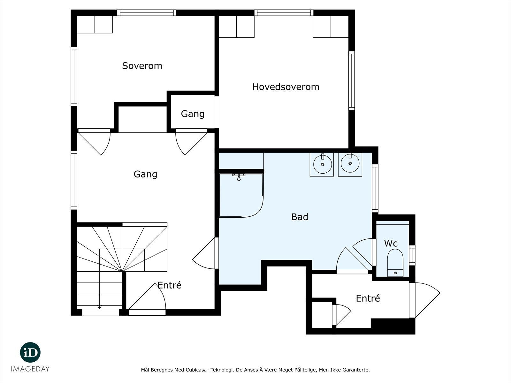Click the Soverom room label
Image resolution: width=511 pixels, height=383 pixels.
[142, 66]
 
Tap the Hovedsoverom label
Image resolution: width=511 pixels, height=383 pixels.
[286, 87]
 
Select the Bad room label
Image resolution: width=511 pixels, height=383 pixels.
[300, 217]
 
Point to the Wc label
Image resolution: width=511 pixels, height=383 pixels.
[391, 244]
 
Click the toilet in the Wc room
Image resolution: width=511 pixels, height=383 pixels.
[395, 263]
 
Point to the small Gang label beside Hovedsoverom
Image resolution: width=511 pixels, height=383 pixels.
[193, 114]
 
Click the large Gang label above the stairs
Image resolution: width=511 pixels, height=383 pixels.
[145, 174]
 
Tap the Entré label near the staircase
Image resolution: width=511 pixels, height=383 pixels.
[169, 285]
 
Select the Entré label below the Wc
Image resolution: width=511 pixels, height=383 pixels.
[368, 298]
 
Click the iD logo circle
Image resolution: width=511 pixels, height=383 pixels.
[30, 352]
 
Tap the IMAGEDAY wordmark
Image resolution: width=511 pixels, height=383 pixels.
[30, 369]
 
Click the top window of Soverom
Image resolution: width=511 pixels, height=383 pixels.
[147, 12]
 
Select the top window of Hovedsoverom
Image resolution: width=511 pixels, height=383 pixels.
[284, 12]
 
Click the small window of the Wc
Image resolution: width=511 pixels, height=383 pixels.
[412, 255]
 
